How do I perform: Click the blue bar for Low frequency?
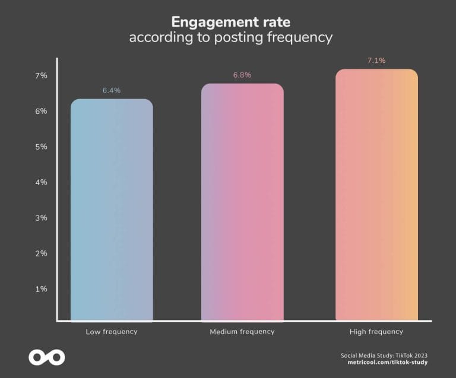coord(112,210)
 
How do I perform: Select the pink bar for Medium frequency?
coord(242,202)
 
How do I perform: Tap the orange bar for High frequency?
coord(376,195)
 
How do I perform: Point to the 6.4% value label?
coord(111,90)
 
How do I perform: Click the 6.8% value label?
coord(242,75)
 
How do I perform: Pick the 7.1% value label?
coord(376,61)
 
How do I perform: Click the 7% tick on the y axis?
coord(41,75)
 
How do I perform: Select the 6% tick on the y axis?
coord(41,111)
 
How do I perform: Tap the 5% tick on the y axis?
coord(41,147)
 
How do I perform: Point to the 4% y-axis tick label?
coord(41,182)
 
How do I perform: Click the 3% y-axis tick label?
coord(41,218)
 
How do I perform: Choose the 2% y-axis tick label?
coord(41,253)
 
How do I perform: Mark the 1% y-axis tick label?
coord(41,289)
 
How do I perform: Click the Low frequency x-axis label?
coord(112,332)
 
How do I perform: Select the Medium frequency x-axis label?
coord(242,332)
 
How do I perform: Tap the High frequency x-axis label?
coord(376,332)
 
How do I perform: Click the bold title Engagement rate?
coord(230,22)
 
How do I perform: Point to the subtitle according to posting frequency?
coord(230,37)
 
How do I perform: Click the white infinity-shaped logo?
coord(46,357)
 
